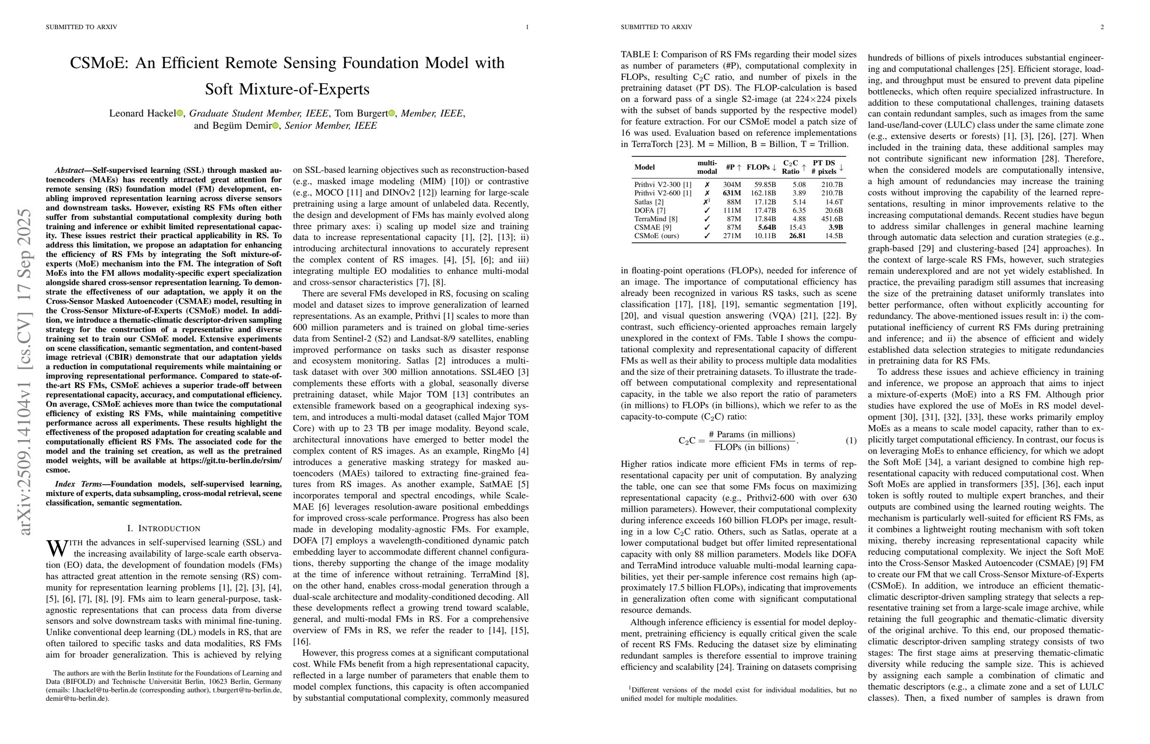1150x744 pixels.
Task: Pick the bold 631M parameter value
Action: (731, 193)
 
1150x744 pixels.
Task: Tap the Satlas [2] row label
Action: (649, 202)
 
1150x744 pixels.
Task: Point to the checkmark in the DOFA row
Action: (707, 210)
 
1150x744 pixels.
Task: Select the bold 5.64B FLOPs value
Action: (767, 227)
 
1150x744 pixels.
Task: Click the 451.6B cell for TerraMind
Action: (831, 219)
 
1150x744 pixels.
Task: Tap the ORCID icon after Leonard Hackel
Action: (180, 114)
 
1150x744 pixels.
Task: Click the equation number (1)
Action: (850, 441)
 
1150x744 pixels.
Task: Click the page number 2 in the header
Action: (1102, 27)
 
